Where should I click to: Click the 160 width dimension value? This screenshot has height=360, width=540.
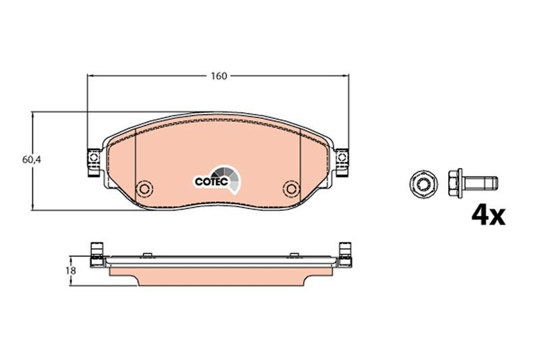tap(218, 76)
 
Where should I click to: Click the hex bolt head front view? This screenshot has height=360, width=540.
tap(421, 182)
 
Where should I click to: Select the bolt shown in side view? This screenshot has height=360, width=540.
tap(472, 182)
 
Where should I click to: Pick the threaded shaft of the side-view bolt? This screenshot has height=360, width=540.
tap(484, 182)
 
